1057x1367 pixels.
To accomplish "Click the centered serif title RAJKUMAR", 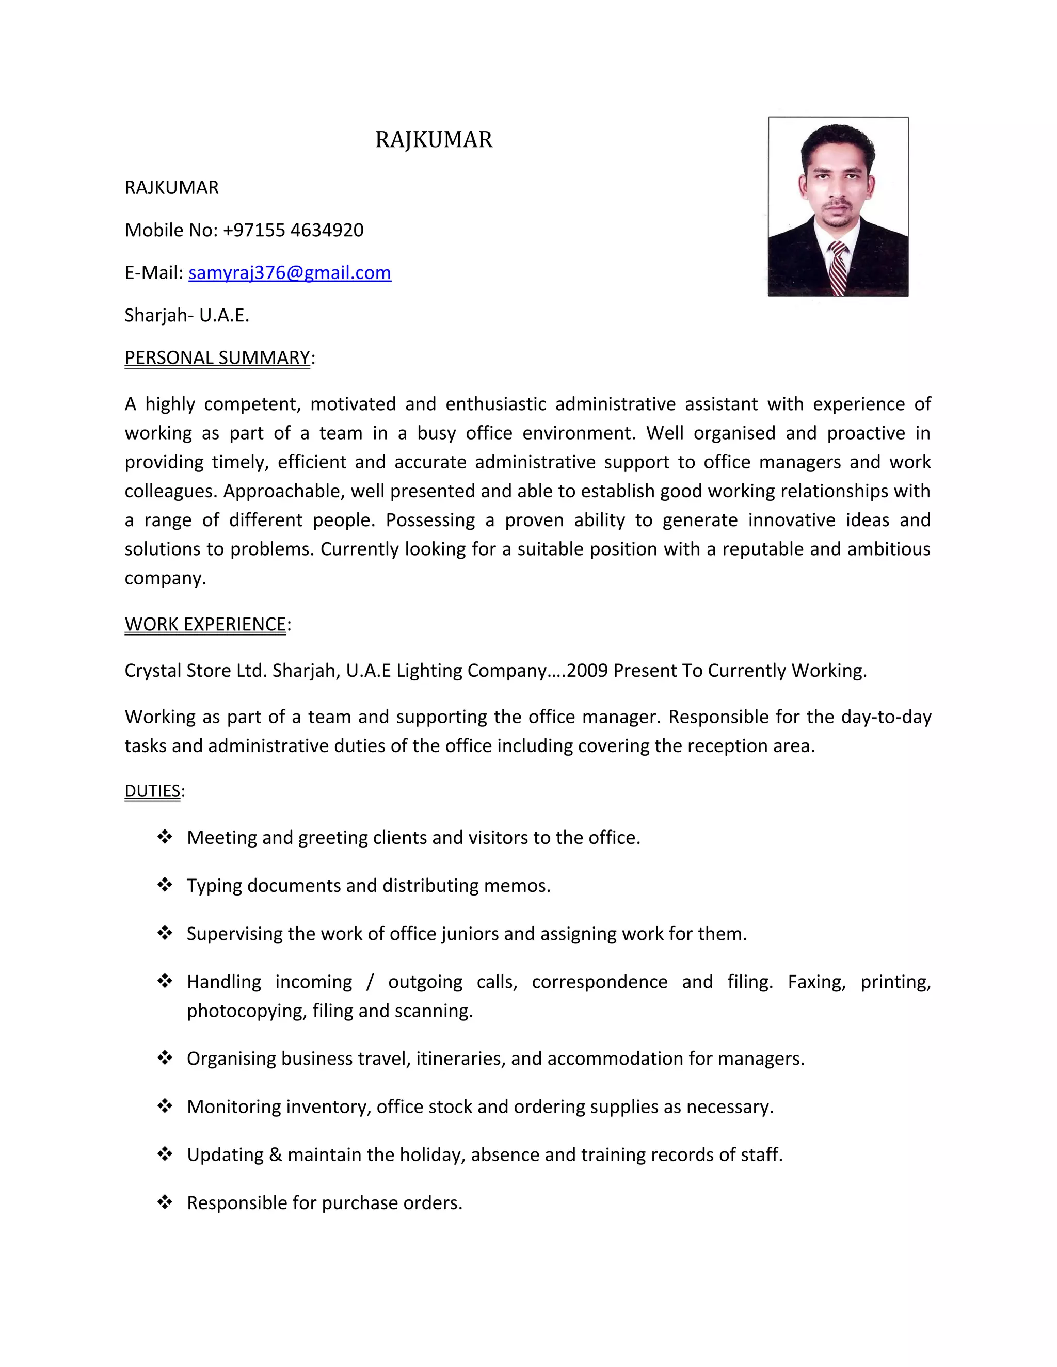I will pyautogui.click(x=434, y=140).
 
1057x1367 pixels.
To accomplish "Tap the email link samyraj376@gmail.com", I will pyautogui.click(x=290, y=272).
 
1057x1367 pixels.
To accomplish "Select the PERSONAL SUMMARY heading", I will pyautogui.click(x=217, y=357).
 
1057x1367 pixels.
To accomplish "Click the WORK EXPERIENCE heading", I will pyautogui.click(x=205, y=624).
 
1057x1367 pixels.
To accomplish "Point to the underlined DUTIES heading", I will pyautogui.click(x=152, y=791).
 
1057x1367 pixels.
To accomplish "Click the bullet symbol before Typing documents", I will pyautogui.click(x=165, y=884).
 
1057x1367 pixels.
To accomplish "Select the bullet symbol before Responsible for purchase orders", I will pyautogui.click(x=165, y=1202).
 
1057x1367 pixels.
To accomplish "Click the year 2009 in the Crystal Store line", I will pyautogui.click(x=587, y=671).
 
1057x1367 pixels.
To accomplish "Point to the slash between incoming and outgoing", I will pyautogui.click(x=370, y=982).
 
